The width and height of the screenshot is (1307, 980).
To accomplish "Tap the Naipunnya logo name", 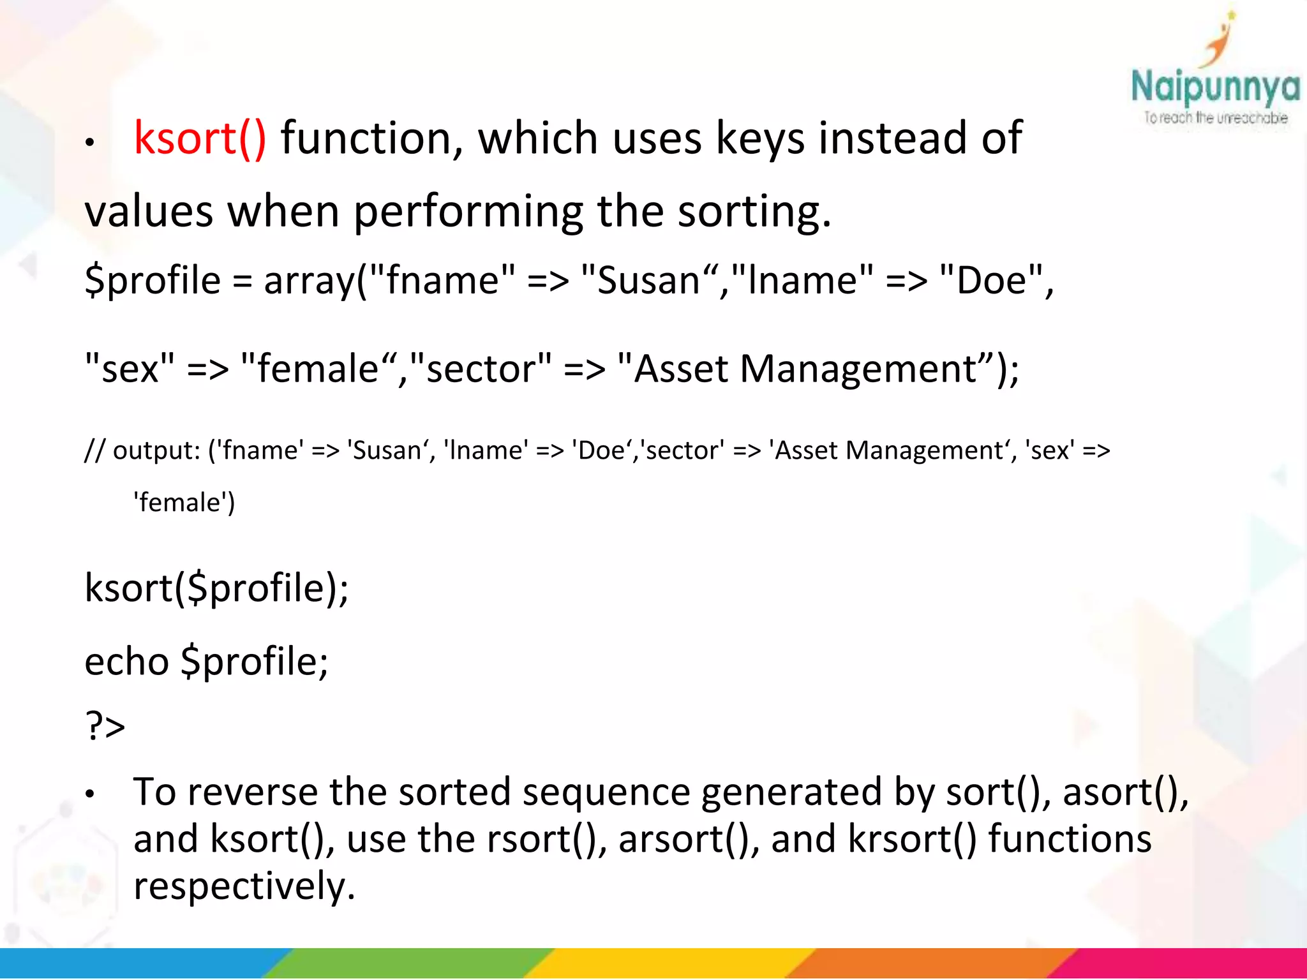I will pos(1214,87).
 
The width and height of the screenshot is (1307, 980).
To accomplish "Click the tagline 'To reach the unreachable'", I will pos(1215,118).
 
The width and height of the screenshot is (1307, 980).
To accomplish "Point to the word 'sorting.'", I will pos(754,211).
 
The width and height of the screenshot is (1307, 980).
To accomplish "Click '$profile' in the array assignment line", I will pos(153,281).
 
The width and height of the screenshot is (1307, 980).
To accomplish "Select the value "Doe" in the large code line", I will pos(991,281).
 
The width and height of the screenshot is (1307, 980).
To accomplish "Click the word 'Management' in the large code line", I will pos(858,369).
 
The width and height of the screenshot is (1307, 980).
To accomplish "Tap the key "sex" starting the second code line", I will pos(130,369).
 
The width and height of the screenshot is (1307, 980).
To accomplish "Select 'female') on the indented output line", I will pos(184,503).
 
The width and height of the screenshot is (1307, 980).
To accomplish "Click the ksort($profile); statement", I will pos(216,588).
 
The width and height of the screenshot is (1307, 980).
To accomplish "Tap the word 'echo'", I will pos(126,661).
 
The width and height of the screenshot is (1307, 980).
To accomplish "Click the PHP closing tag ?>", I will pos(105,726).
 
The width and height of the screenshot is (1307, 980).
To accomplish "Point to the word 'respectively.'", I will pos(244,886).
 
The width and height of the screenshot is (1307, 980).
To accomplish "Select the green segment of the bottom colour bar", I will pos(408,963).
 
